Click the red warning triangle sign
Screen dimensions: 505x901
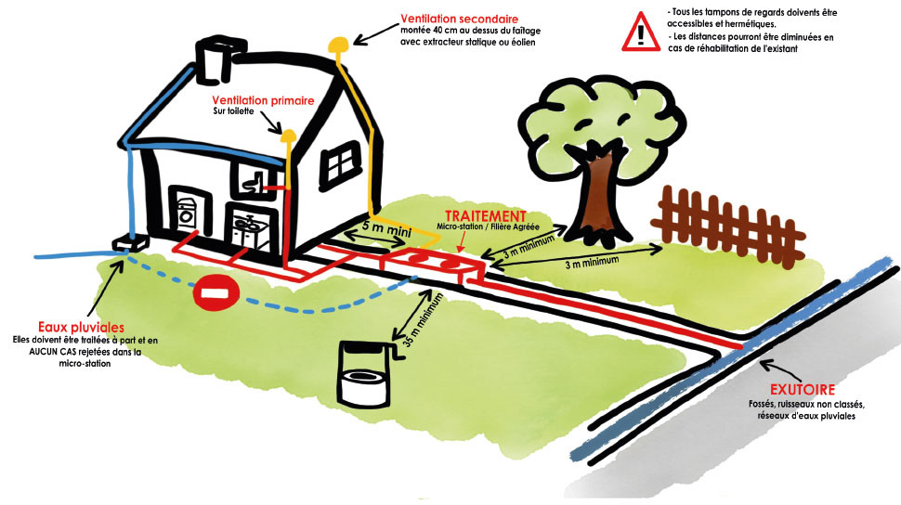point(641,31)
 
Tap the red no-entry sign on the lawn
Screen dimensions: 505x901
point(215,294)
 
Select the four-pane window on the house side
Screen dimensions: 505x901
point(341,165)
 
